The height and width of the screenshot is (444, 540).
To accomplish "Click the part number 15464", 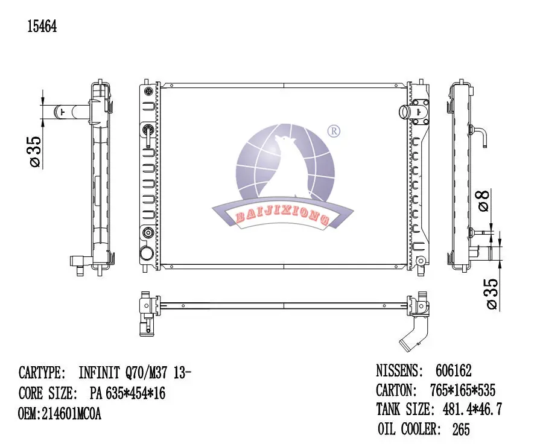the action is (x=42, y=26).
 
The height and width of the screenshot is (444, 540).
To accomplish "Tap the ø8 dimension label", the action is (x=484, y=200).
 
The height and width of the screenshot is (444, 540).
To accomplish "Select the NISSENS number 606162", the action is (x=453, y=370).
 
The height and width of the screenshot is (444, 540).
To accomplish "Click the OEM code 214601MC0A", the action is (x=71, y=414).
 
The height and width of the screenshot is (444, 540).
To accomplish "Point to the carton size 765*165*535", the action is (x=463, y=390).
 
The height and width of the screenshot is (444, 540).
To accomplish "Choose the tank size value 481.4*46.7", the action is (x=472, y=409).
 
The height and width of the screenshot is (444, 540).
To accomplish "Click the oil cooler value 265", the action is (x=461, y=429).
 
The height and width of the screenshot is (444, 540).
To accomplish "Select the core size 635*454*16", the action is (x=135, y=393).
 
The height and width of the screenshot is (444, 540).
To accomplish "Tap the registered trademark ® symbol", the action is (x=334, y=131).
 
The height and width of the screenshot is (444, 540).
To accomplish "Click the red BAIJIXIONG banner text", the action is (x=282, y=215).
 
